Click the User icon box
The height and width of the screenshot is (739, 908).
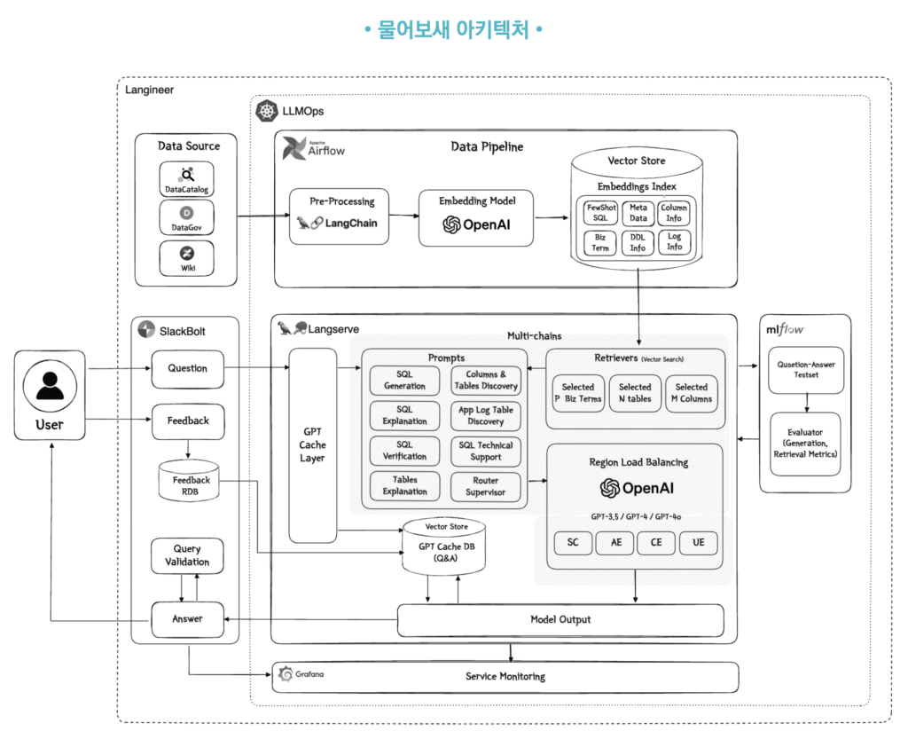point(50,395)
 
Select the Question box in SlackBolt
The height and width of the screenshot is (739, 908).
point(187,368)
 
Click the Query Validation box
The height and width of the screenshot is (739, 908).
point(187,555)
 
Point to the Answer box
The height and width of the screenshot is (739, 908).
point(187,618)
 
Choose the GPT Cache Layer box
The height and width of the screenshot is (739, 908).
point(312,445)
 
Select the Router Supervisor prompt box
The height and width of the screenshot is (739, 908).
point(485,485)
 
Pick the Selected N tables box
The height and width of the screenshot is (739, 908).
point(635,392)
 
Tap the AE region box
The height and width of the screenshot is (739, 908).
point(615,542)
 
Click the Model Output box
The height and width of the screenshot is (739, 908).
point(560,619)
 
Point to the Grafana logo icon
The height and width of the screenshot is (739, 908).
point(286,675)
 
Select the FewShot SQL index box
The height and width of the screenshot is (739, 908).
point(599,213)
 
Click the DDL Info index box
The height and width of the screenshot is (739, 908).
point(638,242)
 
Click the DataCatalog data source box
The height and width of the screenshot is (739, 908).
point(186,179)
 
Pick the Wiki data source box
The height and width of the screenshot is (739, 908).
point(186,258)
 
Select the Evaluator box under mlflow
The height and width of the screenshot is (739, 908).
point(805,443)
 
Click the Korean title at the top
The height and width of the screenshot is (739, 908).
point(453,30)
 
